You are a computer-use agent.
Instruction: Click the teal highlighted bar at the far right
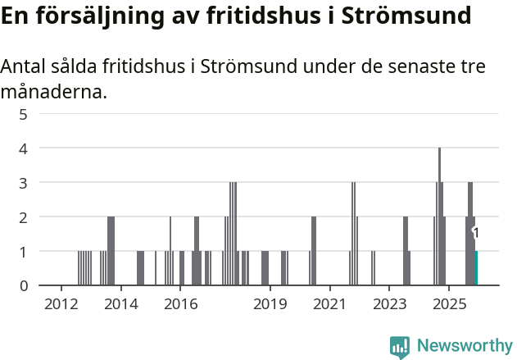(x=476, y=268)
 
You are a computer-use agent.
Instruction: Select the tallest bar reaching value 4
(x=440, y=216)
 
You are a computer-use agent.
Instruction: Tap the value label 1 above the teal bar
(x=476, y=234)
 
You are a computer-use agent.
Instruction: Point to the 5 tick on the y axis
(x=24, y=114)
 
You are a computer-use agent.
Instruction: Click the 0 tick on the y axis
(x=24, y=285)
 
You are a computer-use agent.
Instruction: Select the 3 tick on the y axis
(x=24, y=182)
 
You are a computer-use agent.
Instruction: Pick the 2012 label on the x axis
(x=61, y=304)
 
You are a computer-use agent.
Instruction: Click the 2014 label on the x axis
(x=121, y=304)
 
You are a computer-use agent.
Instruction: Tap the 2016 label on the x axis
(x=181, y=304)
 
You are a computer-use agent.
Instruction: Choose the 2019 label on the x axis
(x=270, y=304)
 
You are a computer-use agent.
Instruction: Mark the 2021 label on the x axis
(x=329, y=304)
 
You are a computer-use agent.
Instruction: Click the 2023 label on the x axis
(x=389, y=304)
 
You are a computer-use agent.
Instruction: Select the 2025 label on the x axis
(x=449, y=304)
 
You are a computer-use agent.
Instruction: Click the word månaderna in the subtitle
(x=53, y=92)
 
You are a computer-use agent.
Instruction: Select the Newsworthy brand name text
(x=464, y=346)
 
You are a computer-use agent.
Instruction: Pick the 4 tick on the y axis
(x=24, y=148)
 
